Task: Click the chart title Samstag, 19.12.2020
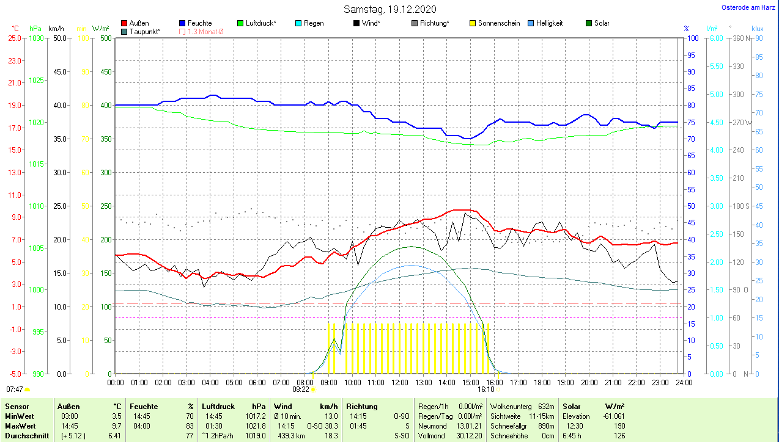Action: (389, 9)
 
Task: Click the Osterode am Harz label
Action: (749, 7)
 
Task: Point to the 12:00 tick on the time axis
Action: (399, 383)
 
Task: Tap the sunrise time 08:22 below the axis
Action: (301, 389)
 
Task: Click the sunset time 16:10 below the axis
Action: (486, 389)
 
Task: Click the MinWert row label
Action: (19, 416)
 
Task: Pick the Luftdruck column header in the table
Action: (218, 406)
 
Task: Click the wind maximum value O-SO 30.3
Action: (323, 426)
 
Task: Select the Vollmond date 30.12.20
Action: (470, 435)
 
